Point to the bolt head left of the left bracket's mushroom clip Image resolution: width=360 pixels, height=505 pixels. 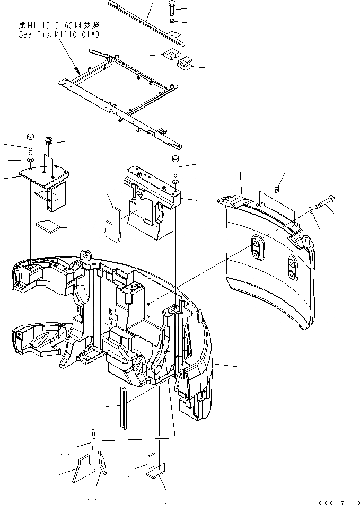tap(30, 141)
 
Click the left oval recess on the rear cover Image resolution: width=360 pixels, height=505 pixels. tap(257, 249)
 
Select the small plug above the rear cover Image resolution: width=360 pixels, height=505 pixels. tap(276, 189)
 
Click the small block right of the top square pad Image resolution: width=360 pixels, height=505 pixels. tap(185, 65)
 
